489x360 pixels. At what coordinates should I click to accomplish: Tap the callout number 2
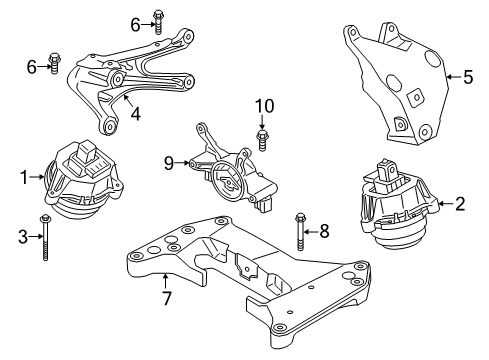460,205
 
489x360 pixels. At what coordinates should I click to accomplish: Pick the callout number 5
468,75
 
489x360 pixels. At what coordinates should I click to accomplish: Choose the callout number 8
323,231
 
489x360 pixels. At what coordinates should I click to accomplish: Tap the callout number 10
264,105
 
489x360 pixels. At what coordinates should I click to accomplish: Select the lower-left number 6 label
32,66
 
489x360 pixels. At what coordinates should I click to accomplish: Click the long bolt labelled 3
46,240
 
